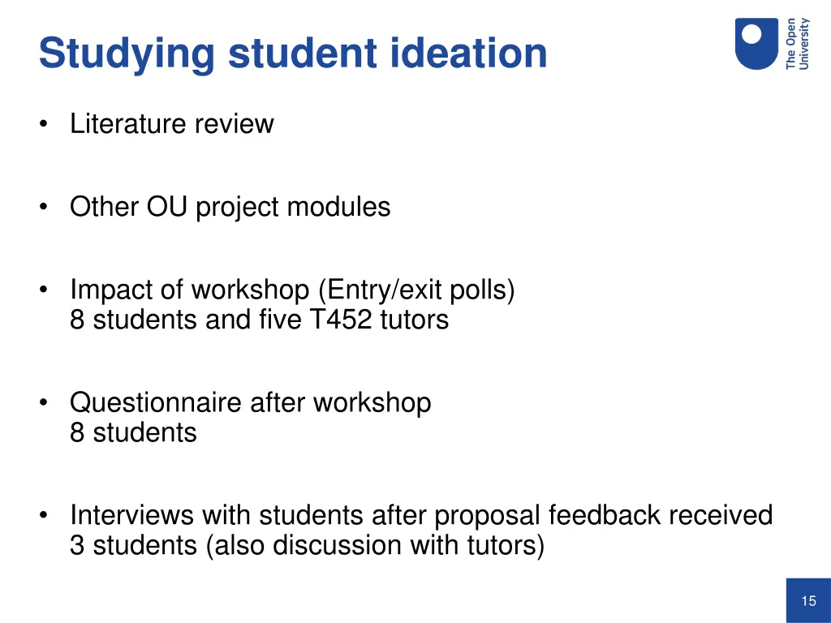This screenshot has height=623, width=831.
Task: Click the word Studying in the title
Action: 127,54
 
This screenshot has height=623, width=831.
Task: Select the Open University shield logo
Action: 756,44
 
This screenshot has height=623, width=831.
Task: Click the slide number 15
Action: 808,601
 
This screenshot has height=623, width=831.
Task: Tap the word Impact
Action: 109,290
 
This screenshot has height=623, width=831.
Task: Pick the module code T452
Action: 341,320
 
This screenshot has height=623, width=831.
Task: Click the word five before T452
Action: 279,320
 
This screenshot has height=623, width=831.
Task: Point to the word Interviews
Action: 131,515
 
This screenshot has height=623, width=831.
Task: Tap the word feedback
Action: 605,515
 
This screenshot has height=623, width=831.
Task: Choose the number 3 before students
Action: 77,545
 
